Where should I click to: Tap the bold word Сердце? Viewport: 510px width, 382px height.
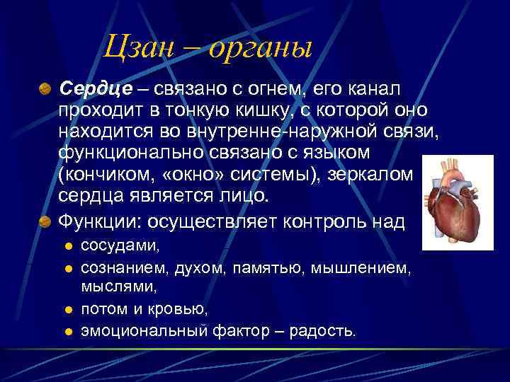(x=96, y=89)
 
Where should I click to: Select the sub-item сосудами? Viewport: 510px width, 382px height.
(x=120, y=246)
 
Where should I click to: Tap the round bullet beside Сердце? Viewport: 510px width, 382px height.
(x=45, y=89)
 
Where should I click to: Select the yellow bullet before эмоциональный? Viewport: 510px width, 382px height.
(x=69, y=331)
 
